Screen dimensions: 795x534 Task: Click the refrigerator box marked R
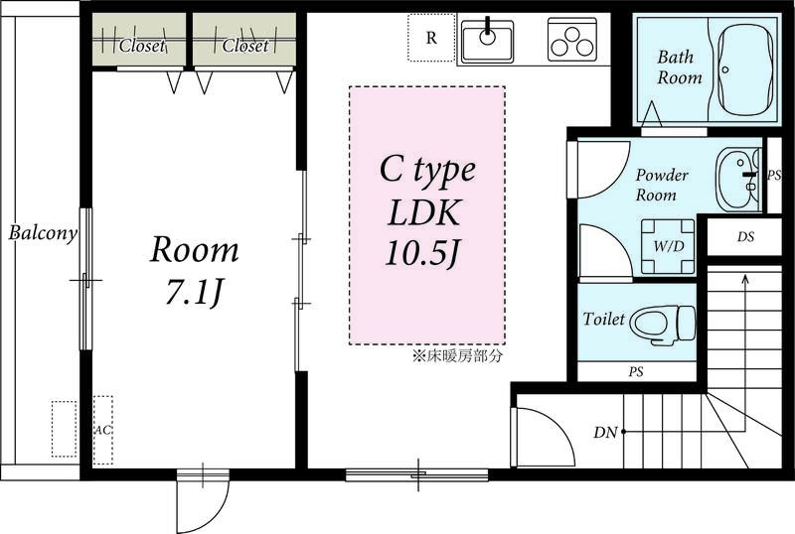pos(431,38)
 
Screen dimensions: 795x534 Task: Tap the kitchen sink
pos(487,41)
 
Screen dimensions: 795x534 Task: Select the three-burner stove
pos(572,40)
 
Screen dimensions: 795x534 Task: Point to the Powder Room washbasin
pos(737,179)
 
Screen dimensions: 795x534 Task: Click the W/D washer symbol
pos(668,246)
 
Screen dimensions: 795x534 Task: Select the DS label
pos(746,236)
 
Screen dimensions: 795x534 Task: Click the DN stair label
pos(605,432)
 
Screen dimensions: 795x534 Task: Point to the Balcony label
pos(43,233)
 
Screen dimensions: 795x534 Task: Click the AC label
pos(103,430)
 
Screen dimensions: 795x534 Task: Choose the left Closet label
pos(142,46)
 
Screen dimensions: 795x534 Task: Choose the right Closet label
pos(245,46)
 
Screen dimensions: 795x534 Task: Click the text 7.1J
pos(194,293)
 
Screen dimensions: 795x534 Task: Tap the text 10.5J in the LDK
pos(422,252)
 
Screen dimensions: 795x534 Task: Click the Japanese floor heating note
pos(457,356)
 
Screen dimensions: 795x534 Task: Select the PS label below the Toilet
pos(636,372)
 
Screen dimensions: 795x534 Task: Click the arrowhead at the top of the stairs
pos(744,278)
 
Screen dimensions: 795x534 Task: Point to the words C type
pos(428,170)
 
